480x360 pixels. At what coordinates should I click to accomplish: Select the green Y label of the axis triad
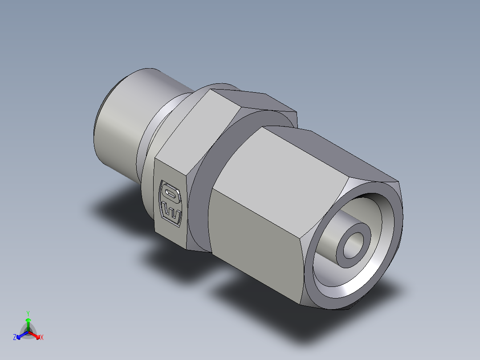[x=28, y=313]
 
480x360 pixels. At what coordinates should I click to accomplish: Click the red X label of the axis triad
[x=42, y=338]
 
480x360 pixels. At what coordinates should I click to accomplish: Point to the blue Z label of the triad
[x=15, y=338]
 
